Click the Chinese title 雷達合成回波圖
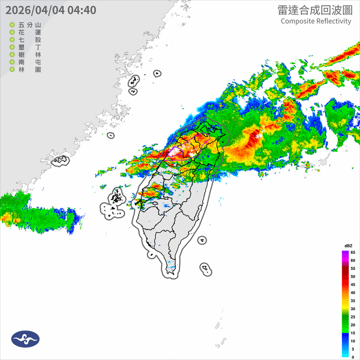pyautogui.click(x=314, y=10)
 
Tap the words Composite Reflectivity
pyautogui.click(x=316, y=21)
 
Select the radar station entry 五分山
pyautogui.click(x=29, y=24)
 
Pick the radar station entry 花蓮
pyautogui.click(x=29, y=32)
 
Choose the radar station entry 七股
pyautogui.click(x=29, y=40)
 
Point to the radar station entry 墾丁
pyautogui.click(x=29, y=47)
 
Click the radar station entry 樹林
pyautogui.click(x=29, y=55)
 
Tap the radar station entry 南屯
pyautogui.click(x=29, y=62)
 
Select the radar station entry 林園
pyautogui.click(x=29, y=70)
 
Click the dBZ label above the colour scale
pyautogui.click(x=348, y=246)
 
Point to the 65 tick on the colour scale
pyautogui.click(x=352, y=252)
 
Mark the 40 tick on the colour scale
pyautogui.click(x=352, y=293)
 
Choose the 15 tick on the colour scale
pyautogui.click(x=352, y=333)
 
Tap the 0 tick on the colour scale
pyautogui.click(x=352, y=357)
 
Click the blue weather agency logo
pyautogui.click(x=25, y=339)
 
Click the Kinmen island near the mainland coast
pyautogui.click(x=60, y=160)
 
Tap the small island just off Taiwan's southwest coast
pyautogui.click(x=152, y=254)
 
